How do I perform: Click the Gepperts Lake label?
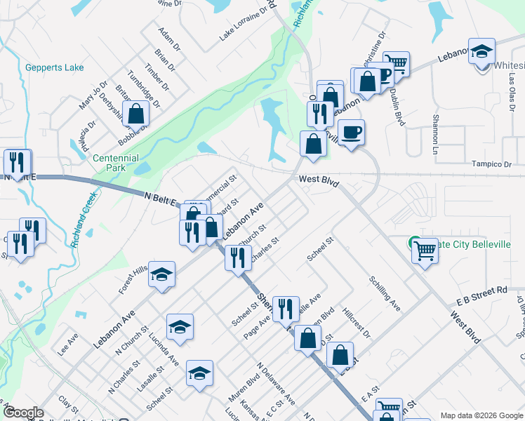[54, 67]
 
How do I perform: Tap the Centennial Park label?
[116, 163]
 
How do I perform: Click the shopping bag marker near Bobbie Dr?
[138, 113]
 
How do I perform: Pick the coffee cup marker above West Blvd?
[351, 131]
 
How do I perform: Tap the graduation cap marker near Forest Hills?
[161, 274]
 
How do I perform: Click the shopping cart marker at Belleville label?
[424, 248]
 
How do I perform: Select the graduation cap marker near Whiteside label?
[481, 51]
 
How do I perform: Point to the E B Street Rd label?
[481, 290]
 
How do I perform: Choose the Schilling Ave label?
[385, 293]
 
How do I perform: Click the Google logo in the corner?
[23, 413]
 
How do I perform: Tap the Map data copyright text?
[481, 415]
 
